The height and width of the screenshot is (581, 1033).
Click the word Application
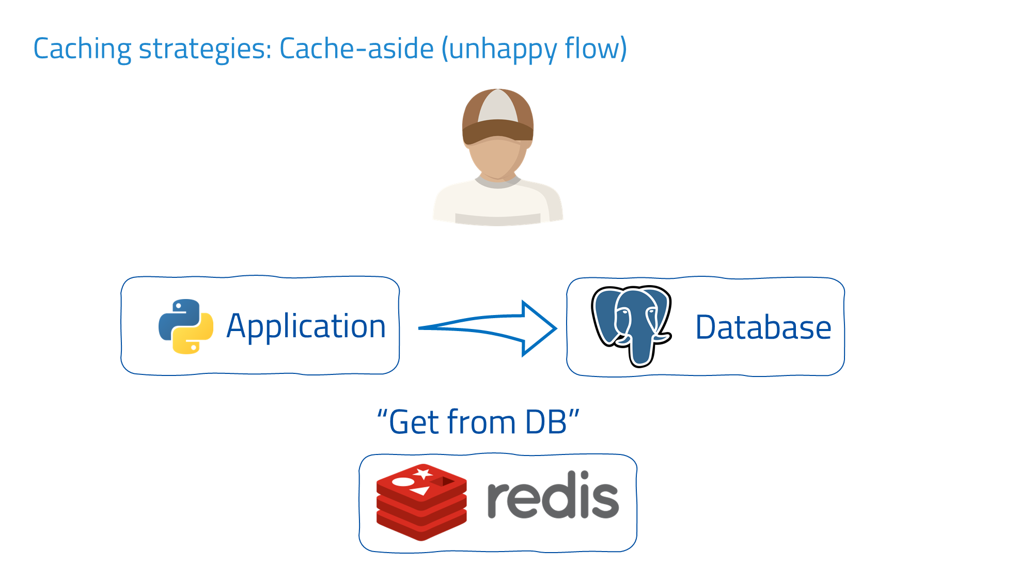pyautogui.click(x=306, y=327)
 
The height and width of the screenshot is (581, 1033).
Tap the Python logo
pyautogui.click(x=186, y=326)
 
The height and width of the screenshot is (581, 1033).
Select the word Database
pyautogui.click(x=763, y=327)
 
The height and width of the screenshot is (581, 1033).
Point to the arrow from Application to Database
pyautogui.click(x=488, y=328)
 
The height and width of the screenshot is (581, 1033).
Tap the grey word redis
pyautogui.click(x=552, y=496)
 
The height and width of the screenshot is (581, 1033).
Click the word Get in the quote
pyautogui.click(x=413, y=422)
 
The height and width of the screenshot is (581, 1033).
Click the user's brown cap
pyautogui.click(x=497, y=116)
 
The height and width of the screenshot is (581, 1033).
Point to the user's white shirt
pyautogui.click(x=497, y=204)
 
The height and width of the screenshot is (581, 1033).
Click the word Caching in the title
pyautogui.click(x=82, y=50)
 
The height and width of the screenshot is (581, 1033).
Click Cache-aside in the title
pyautogui.click(x=356, y=49)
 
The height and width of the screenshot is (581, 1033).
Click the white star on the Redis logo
pyautogui.click(x=424, y=473)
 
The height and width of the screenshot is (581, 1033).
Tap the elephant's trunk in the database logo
pyautogui.click(x=640, y=351)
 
